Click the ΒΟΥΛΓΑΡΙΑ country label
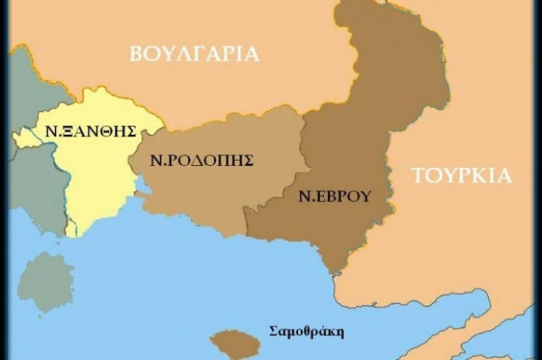(194, 54)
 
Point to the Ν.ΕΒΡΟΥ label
(335, 197)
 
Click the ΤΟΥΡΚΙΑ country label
(462, 176)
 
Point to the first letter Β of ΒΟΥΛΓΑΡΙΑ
(136, 54)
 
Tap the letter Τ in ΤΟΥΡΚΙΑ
(418, 176)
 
